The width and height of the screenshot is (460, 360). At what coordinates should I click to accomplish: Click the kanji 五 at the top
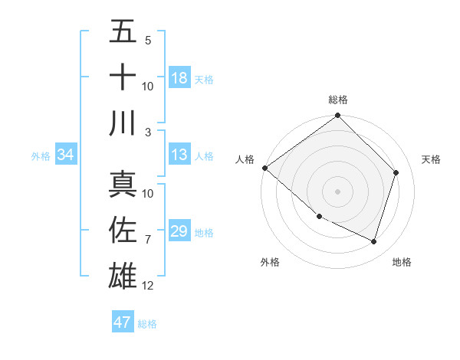(123, 32)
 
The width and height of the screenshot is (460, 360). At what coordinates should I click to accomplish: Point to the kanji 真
(123, 184)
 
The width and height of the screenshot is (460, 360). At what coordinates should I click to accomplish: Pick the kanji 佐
(123, 231)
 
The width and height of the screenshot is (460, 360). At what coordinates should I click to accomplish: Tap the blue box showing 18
(179, 78)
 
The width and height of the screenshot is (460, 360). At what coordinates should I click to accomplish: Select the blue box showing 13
(179, 155)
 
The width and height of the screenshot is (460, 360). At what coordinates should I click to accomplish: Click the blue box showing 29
(179, 232)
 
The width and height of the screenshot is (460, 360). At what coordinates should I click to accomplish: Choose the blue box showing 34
(65, 155)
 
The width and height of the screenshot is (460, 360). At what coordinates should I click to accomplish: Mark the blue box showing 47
(122, 322)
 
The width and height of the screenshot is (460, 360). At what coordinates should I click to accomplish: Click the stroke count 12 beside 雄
(148, 286)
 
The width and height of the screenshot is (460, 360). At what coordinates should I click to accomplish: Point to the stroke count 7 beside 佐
(148, 240)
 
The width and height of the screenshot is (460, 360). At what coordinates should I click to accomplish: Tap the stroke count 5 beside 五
(148, 41)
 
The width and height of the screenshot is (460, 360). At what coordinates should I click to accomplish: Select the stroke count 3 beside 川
(148, 132)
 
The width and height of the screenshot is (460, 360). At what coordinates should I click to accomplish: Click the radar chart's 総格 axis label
(337, 100)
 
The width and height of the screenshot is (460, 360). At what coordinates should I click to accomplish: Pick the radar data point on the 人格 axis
(264, 168)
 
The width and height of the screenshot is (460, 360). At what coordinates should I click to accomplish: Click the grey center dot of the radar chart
(337, 191)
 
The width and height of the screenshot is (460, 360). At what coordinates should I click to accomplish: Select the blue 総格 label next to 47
(147, 323)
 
